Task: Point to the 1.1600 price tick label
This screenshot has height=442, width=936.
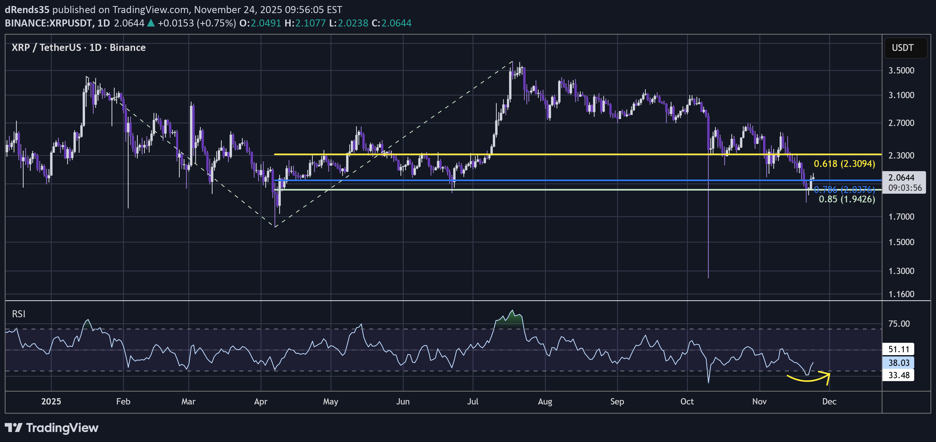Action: coord(901,294)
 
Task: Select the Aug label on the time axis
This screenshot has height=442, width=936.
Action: coord(545,401)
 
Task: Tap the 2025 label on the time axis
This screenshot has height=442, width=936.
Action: coord(51,401)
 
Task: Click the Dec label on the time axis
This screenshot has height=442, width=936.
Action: coord(829,401)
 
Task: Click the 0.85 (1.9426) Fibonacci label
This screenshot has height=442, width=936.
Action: coord(847,199)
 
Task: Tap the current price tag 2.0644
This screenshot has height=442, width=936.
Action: coord(901,177)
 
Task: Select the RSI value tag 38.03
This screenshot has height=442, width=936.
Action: coord(898,362)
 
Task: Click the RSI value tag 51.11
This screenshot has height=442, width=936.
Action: coord(898,349)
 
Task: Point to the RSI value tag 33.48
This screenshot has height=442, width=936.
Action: coord(898,375)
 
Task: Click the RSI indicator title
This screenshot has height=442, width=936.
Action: coord(19,314)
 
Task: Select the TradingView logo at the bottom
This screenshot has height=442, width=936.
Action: coord(52,428)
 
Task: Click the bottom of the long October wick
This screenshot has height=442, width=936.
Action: coord(708,277)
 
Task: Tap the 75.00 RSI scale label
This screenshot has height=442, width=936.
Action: coord(899,324)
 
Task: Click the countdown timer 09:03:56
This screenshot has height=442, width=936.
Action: coord(905,188)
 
